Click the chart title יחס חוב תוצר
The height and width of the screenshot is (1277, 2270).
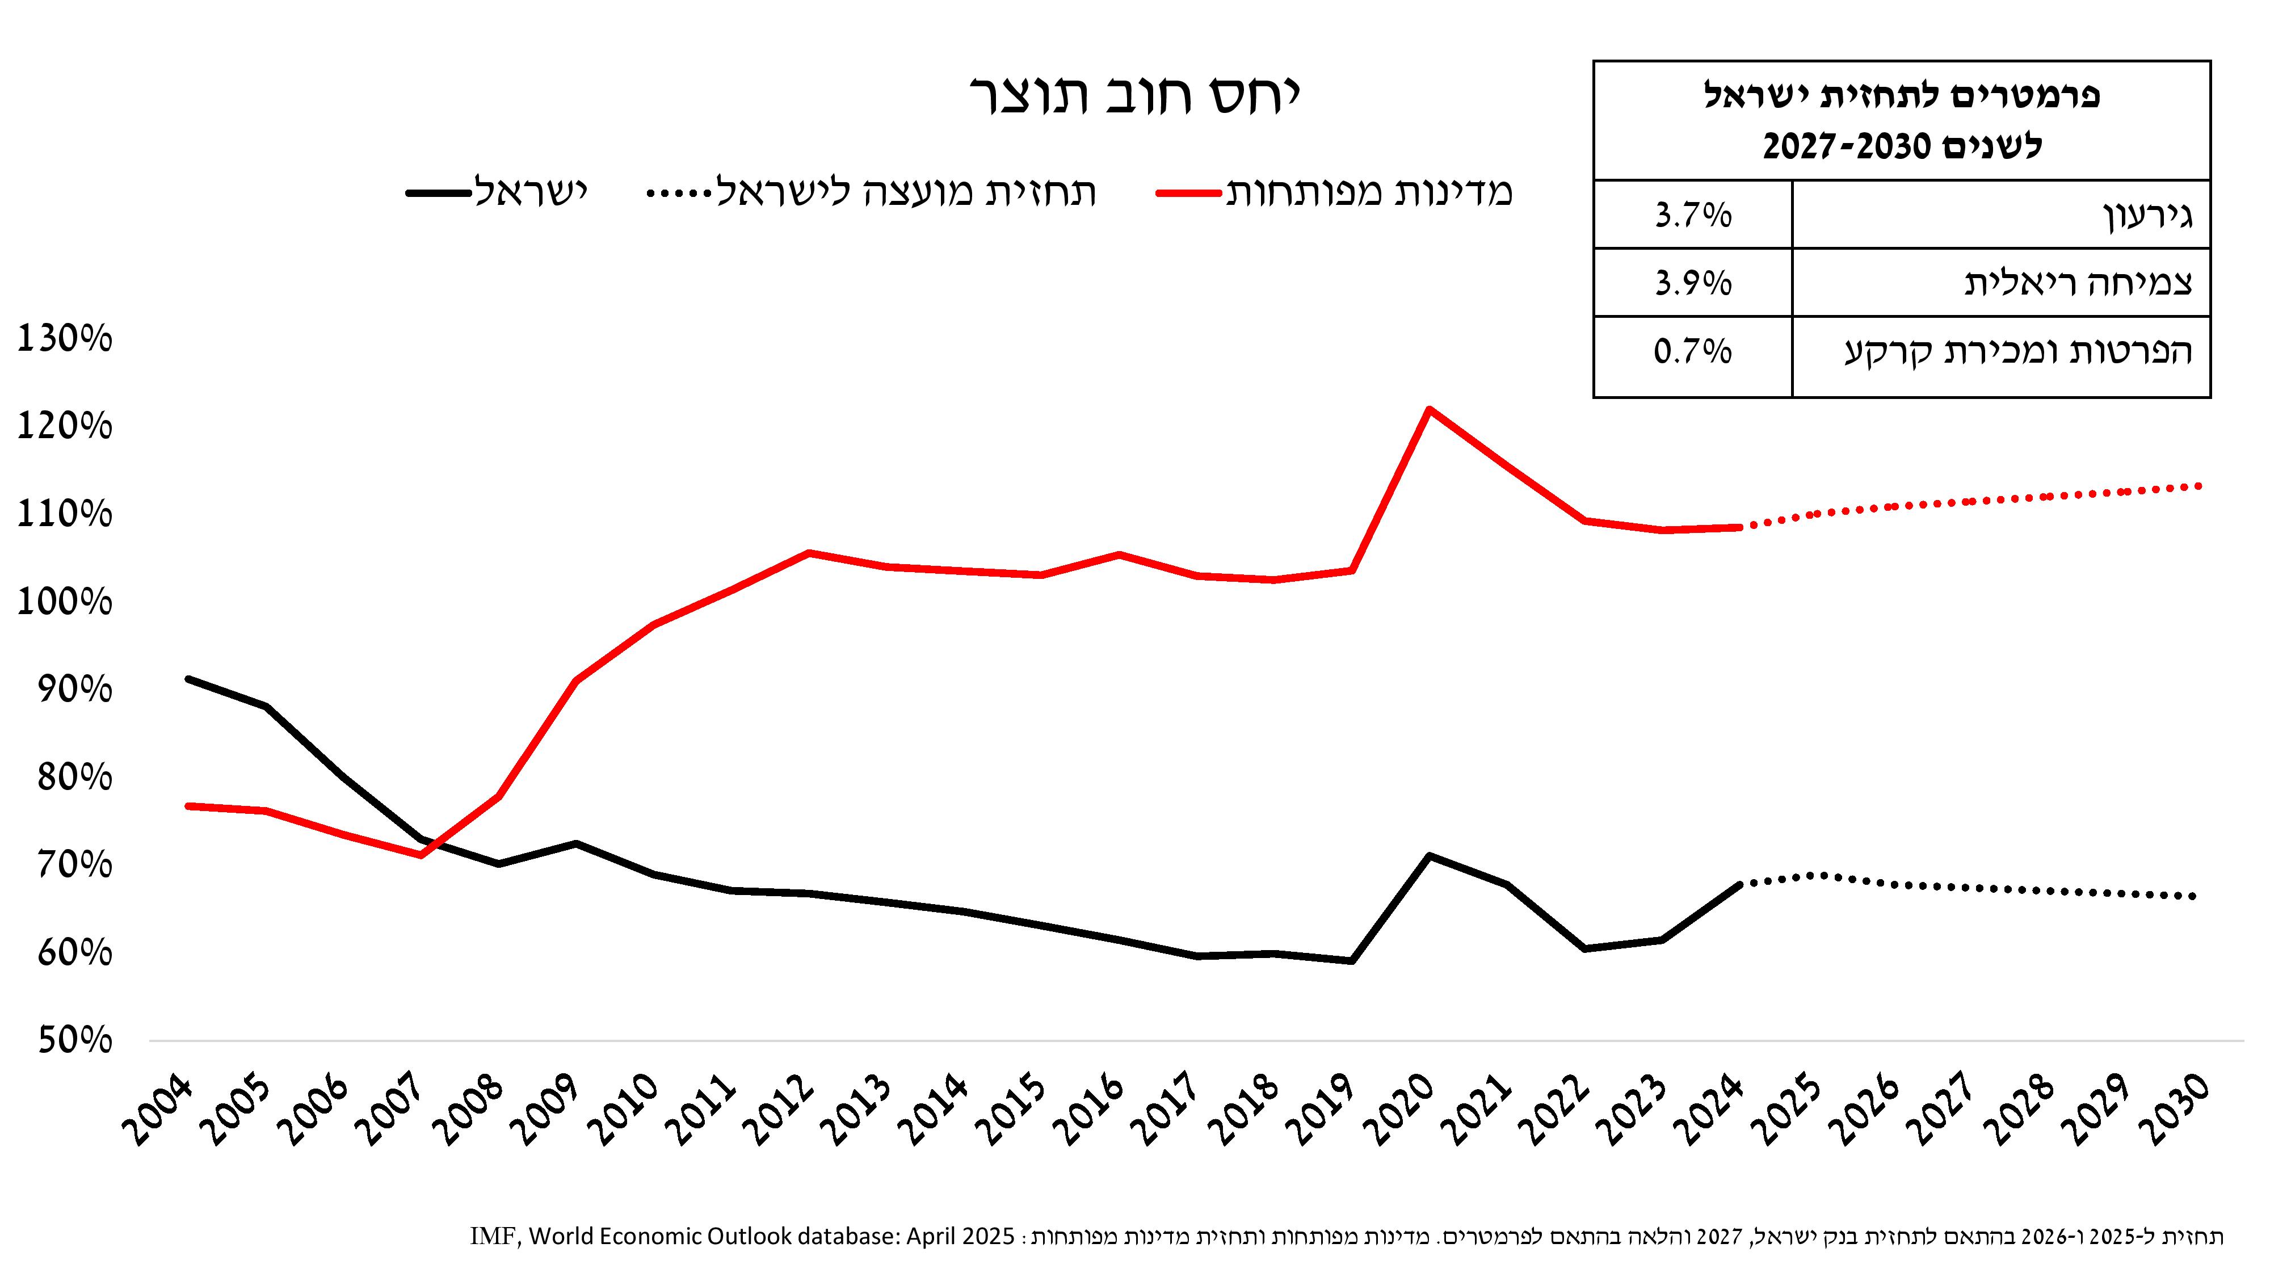1135,95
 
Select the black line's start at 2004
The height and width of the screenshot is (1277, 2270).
188,679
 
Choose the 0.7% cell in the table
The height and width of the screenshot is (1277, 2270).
1693,352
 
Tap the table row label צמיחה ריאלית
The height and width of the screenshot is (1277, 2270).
2078,283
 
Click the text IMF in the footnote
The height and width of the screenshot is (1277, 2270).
494,1237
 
